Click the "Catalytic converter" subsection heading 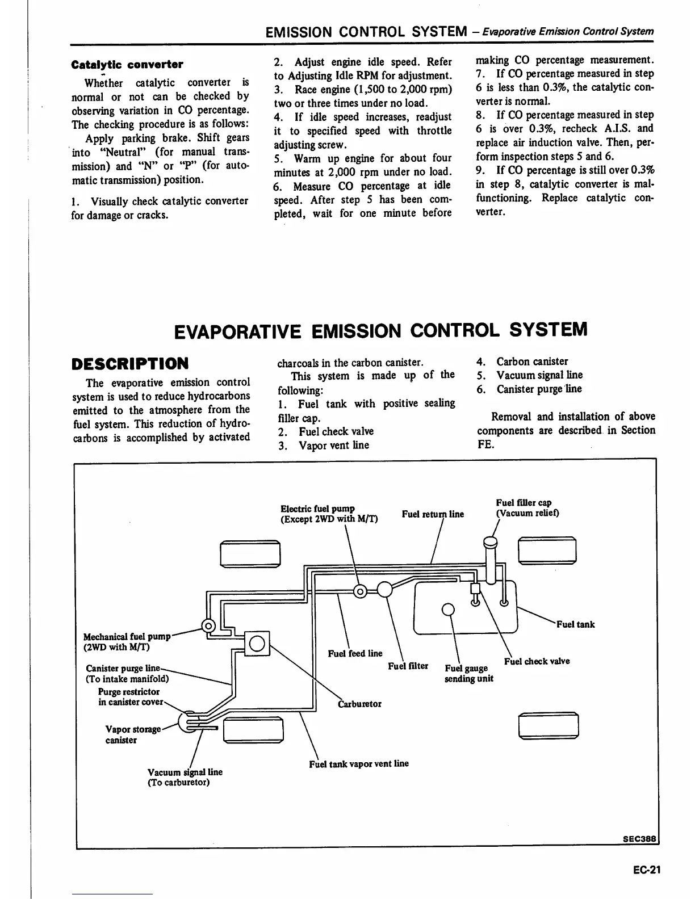point(127,64)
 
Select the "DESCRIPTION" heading point(130,363)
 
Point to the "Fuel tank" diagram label point(575,624)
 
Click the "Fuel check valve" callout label point(537,661)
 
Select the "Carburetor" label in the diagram point(359,704)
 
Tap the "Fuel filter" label point(408,666)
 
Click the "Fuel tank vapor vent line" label point(359,764)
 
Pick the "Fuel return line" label point(433,514)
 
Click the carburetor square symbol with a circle point(256,644)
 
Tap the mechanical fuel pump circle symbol point(208,626)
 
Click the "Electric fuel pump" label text point(317,509)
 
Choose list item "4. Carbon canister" point(522,362)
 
